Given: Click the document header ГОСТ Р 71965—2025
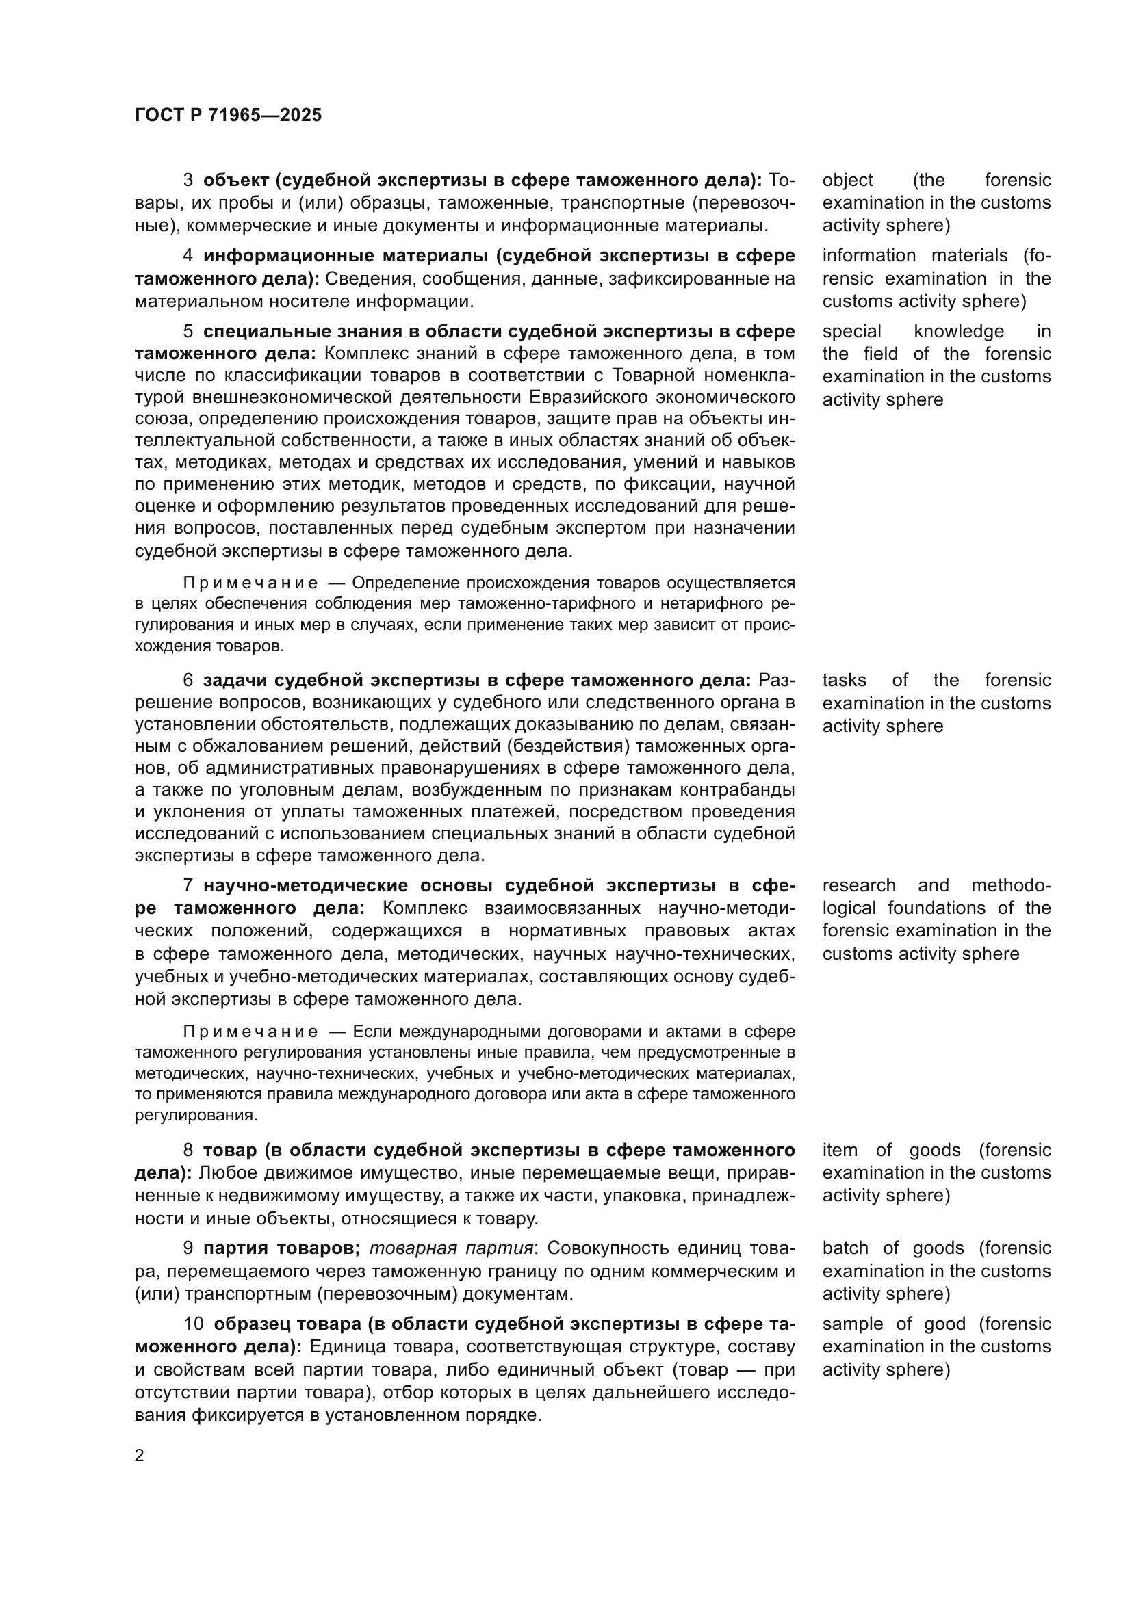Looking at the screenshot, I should [228, 115].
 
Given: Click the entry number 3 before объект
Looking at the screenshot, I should [188, 181].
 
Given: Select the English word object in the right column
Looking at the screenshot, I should [847, 181].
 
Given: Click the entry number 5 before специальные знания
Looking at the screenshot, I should [188, 332].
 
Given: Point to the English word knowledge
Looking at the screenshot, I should [958, 332].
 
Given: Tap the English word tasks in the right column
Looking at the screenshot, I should [843, 680].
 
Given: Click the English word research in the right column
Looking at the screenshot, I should [859, 886].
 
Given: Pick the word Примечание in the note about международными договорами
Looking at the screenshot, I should [251, 1032].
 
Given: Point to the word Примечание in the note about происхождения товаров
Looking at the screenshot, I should [251, 583].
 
